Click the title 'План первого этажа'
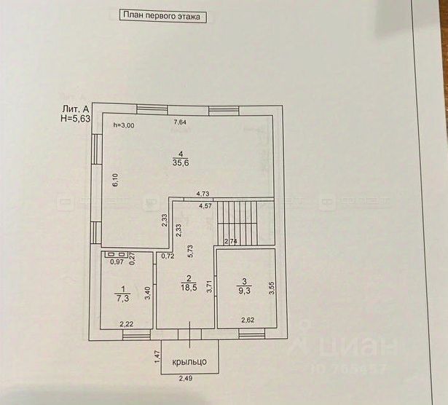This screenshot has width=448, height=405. click(x=162, y=15)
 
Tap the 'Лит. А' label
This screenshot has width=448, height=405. click(x=75, y=110)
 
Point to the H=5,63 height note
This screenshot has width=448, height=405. click(x=75, y=119)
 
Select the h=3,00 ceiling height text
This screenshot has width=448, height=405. click(x=123, y=125)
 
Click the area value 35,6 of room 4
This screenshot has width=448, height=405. click(x=179, y=164)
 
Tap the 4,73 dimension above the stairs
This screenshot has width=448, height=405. click(x=203, y=194)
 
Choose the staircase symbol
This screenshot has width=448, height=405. click(x=237, y=224)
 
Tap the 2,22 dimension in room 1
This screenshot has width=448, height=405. click(x=127, y=323)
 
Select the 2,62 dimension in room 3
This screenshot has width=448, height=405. click(x=248, y=319)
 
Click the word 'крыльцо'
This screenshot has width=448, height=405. click(x=189, y=361)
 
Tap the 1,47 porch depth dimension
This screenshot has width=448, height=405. click(x=156, y=357)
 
